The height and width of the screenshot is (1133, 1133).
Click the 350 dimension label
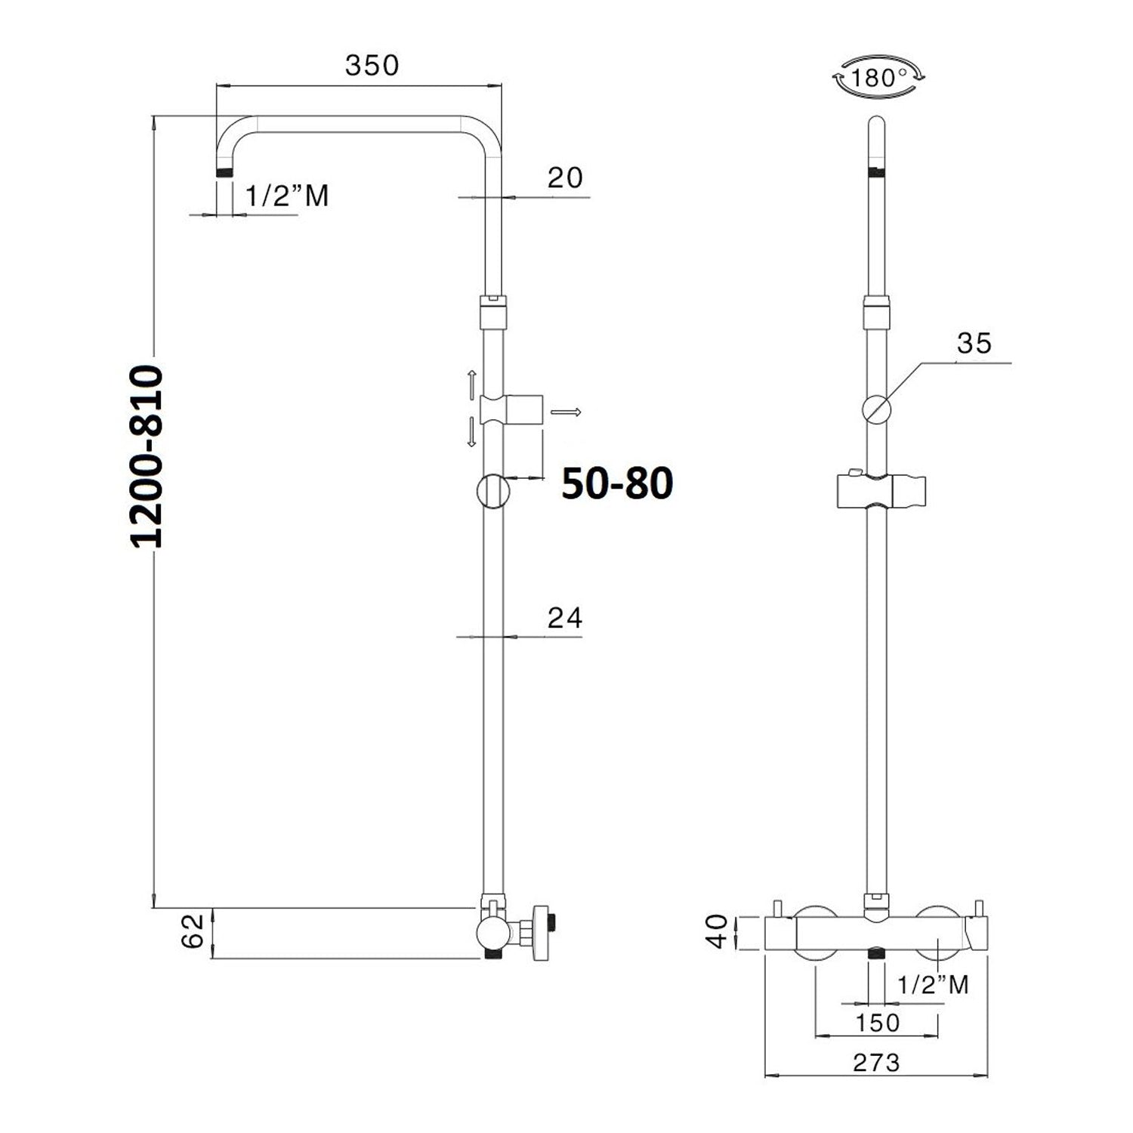click(x=372, y=66)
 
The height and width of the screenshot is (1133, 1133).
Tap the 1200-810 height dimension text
click(x=146, y=457)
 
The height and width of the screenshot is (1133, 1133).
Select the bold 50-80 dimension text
click(x=617, y=483)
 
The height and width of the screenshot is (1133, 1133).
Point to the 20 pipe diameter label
click(x=565, y=178)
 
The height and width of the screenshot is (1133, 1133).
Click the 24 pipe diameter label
click(x=565, y=618)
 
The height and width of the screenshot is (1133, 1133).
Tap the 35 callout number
click(x=974, y=343)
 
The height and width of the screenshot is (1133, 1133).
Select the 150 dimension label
click(x=877, y=1023)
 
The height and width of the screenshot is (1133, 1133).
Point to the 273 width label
click(x=877, y=1063)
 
